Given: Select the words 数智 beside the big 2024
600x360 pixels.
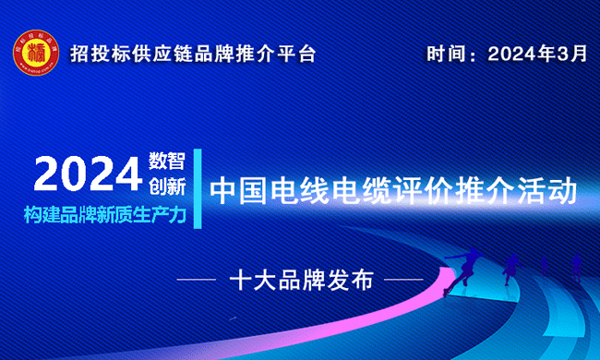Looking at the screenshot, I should click(x=167, y=162).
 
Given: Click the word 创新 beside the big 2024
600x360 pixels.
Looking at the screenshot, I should click(x=167, y=186).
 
